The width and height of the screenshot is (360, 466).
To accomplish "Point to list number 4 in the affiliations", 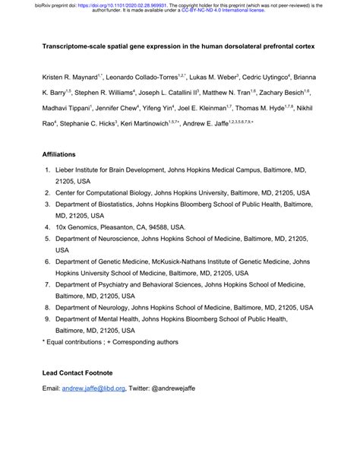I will click(47, 227).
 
